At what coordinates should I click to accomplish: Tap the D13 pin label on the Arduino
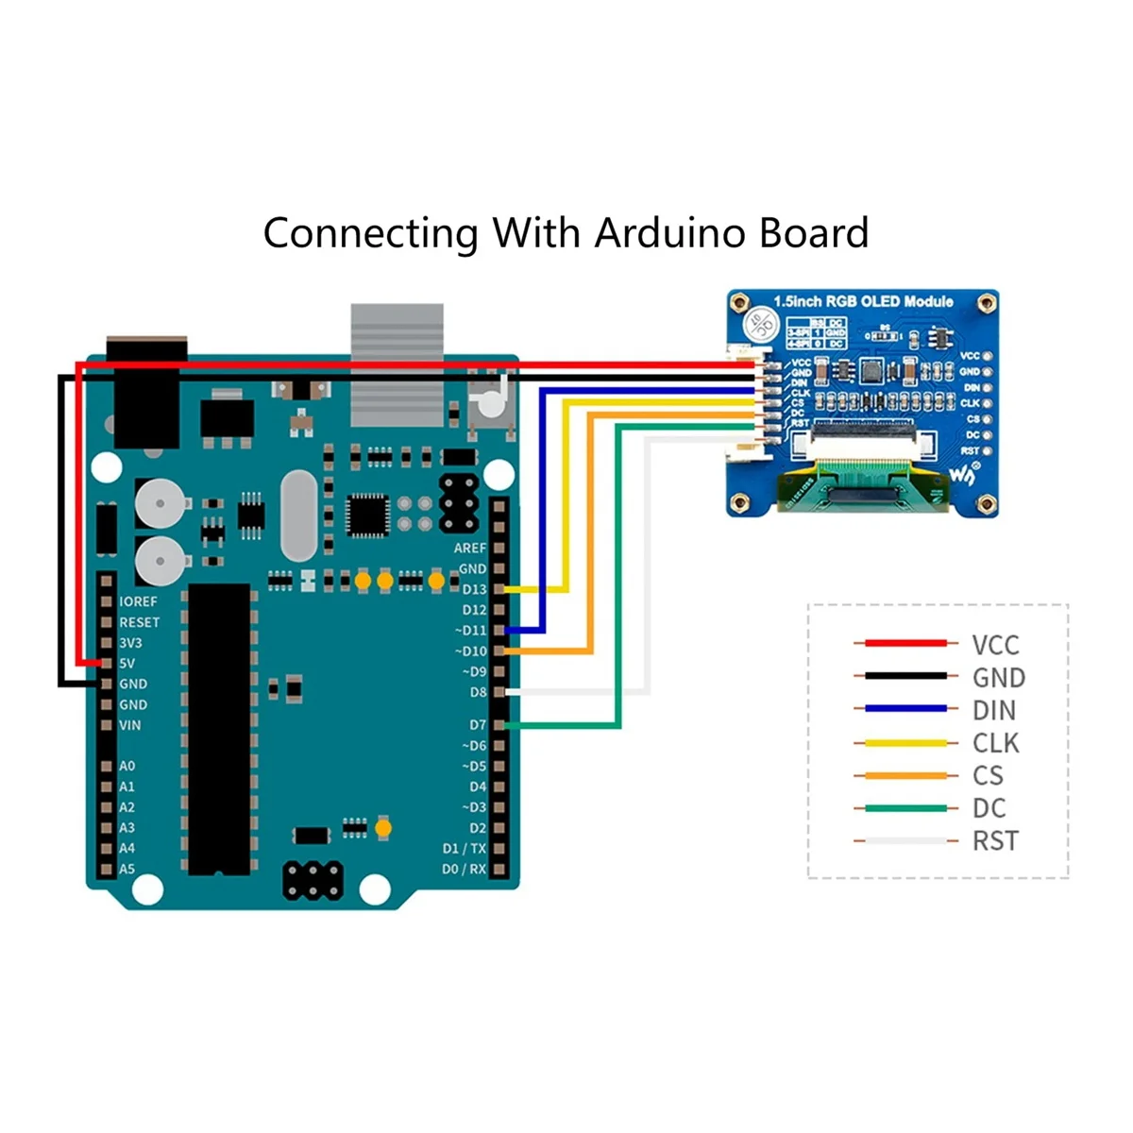point(474,589)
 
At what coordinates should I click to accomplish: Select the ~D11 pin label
point(471,631)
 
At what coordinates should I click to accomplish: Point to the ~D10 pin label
point(471,651)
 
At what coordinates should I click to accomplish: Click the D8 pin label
point(478,692)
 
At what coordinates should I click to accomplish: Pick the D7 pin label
point(478,725)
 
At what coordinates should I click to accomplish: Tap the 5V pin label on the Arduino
point(127,663)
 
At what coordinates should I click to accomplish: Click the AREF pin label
point(470,548)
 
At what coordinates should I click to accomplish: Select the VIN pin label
point(130,725)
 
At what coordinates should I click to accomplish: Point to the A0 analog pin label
point(127,766)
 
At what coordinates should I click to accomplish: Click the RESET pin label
point(140,622)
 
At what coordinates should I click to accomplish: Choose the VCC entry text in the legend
point(995,645)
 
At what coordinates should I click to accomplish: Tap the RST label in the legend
point(995,840)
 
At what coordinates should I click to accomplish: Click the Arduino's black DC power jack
point(146,392)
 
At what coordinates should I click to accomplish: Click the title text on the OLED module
point(863,302)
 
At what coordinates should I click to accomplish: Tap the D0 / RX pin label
point(465,869)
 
